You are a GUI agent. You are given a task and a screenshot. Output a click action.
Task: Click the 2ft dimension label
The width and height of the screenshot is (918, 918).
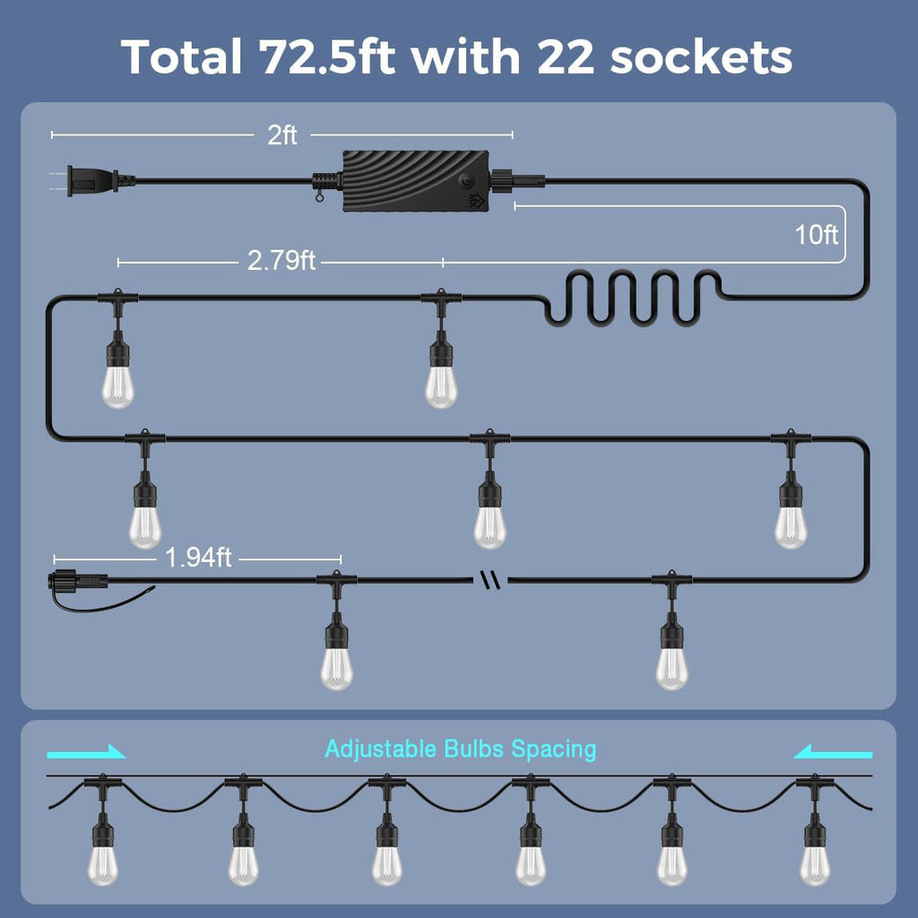point(281,135)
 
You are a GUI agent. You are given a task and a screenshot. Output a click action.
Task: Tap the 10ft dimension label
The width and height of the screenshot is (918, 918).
point(816,235)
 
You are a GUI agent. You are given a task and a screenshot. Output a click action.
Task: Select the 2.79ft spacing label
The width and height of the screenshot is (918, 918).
point(281,261)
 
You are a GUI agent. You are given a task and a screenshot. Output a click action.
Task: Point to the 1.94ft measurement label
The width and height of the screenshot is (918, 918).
point(198,558)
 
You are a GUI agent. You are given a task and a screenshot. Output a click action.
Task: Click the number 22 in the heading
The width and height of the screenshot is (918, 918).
point(565,57)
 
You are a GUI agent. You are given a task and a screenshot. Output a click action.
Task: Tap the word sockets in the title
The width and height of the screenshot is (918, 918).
point(701,57)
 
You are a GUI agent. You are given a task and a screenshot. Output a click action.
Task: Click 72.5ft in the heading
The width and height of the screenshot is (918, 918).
point(326,57)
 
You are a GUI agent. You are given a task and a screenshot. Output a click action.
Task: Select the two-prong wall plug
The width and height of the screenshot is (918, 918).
point(93,180)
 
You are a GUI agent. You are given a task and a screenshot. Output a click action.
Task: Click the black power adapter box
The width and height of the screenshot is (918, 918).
point(416,180)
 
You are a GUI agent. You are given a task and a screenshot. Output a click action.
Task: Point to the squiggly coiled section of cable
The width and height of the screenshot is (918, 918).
point(632,298)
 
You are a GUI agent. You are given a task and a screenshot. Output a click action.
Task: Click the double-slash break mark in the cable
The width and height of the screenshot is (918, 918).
point(490,580)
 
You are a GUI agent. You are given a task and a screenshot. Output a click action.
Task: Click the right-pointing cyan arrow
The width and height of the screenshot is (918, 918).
point(86,752)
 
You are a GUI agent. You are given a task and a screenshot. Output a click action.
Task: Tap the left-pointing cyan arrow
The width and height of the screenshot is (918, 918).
point(833,752)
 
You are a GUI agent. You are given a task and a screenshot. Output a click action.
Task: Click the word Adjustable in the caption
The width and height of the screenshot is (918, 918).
point(380,749)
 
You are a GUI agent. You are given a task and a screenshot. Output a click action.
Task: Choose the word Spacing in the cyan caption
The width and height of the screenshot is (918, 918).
point(553,750)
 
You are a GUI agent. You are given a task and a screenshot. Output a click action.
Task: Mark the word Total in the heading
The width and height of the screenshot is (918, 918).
point(181,57)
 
